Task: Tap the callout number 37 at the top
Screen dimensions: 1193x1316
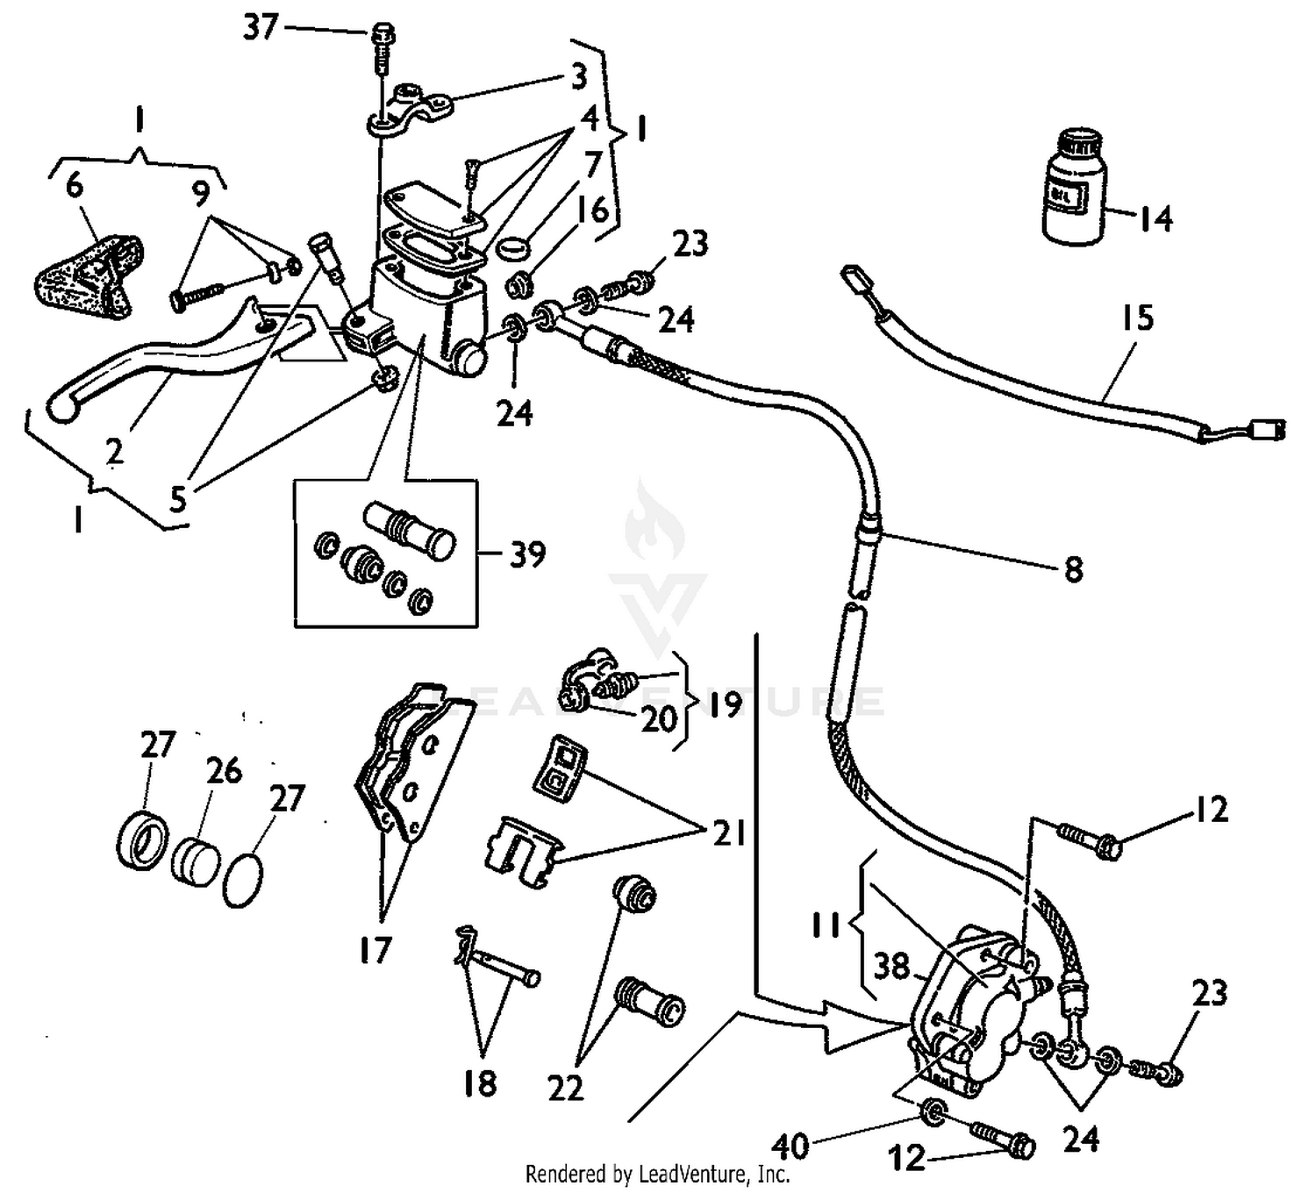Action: tap(261, 28)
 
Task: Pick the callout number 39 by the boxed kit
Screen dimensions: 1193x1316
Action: tap(527, 554)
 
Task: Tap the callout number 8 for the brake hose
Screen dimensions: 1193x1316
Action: tap(1073, 570)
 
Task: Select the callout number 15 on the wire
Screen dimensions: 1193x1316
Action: tap(1137, 318)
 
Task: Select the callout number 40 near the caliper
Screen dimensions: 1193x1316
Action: tap(790, 1146)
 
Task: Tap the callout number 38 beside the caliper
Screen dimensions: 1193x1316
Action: tap(891, 968)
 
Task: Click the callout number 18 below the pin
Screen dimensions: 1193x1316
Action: tap(481, 1083)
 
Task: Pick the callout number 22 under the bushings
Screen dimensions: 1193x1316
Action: tap(565, 1089)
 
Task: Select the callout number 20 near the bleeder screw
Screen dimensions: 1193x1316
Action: tap(658, 719)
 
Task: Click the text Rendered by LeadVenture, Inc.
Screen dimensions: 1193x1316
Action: tap(657, 1174)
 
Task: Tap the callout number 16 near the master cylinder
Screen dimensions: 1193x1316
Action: tap(593, 211)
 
